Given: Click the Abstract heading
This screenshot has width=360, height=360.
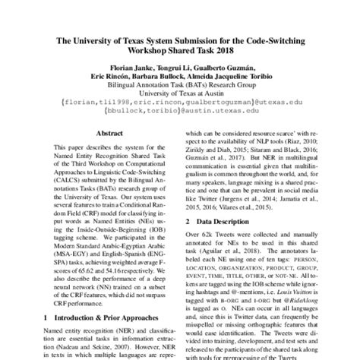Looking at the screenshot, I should click(x=109, y=131).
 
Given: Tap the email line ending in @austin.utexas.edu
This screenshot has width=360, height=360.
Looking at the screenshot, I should click(x=179, y=108).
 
